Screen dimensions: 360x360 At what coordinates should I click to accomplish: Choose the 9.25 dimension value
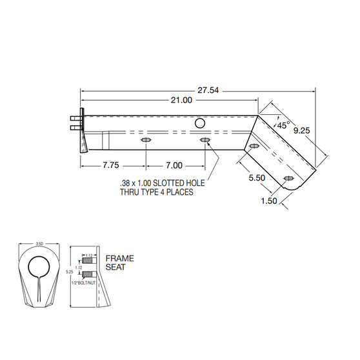(x=301, y=130)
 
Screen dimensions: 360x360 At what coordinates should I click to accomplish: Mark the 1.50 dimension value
(x=269, y=201)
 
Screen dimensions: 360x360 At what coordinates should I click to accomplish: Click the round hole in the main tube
(x=201, y=123)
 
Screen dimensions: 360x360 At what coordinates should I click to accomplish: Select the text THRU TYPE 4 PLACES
(x=157, y=192)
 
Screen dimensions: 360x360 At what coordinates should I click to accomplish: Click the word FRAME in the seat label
(x=119, y=259)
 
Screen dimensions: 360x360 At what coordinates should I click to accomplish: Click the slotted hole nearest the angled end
(x=288, y=178)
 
